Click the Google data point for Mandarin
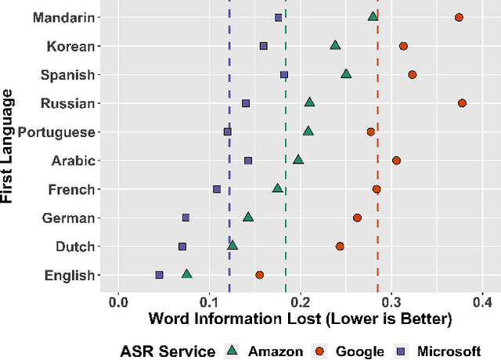(x=459, y=17)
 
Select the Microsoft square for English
(x=159, y=275)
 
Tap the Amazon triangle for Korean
(x=335, y=45)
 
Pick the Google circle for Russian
(x=462, y=103)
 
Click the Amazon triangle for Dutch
(x=232, y=246)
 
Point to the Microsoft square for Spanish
(x=284, y=75)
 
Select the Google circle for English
(x=259, y=275)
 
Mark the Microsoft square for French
(x=217, y=189)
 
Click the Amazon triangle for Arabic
(x=298, y=160)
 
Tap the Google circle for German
(x=357, y=218)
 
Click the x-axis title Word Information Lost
(x=300, y=319)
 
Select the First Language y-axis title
(x=10, y=146)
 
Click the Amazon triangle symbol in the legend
(x=232, y=351)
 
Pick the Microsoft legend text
(x=449, y=352)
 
